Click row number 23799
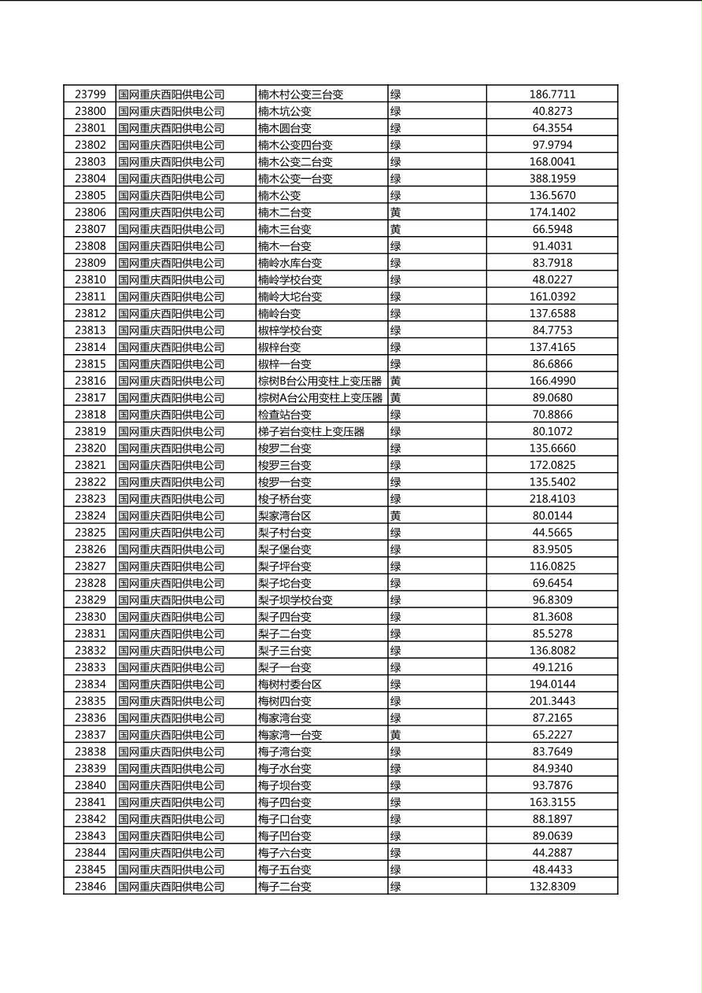(x=90, y=94)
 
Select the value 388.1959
(x=552, y=179)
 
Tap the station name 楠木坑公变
(x=285, y=111)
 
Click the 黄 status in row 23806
(x=396, y=212)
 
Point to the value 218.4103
(x=552, y=499)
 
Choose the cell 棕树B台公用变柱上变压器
(x=320, y=381)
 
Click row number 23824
(x=90, y=515)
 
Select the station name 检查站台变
(x=285, y=415)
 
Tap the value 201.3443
(x=552, y=701)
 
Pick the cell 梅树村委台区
(x=290, y=685)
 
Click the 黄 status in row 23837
(x=396, y=735)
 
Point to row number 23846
(x=90, y=887)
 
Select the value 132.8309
(x=552, y=887)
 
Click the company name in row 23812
(x=172, y=313)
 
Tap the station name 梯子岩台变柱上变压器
(x=311, y=431)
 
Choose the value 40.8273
(x=552, y=111)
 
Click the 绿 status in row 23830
(x=396, y=617)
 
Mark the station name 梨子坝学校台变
(x=295, y=600)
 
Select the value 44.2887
(x=552, y=853)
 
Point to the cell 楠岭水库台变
(x=290, y=263)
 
